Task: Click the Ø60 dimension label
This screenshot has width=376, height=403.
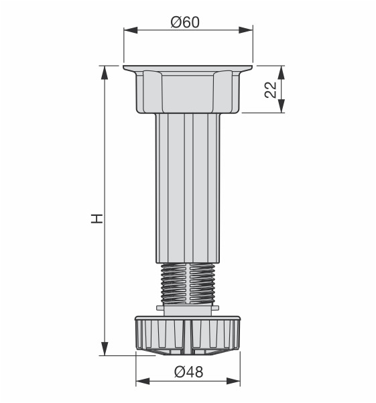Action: [185, 22]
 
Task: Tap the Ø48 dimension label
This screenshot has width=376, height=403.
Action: [189, 372]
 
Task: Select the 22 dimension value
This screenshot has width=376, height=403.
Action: [271, 90]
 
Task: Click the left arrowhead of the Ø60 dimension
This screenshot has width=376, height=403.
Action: [131, 30]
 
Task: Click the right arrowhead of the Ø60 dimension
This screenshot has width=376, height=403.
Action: [246, 30]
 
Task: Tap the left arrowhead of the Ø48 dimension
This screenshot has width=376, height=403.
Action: [143, 381]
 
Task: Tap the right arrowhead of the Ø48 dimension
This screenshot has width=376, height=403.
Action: [233, 381]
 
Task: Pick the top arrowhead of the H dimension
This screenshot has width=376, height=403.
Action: [105, 72]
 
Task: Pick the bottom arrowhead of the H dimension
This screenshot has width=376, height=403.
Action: [105, 349]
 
